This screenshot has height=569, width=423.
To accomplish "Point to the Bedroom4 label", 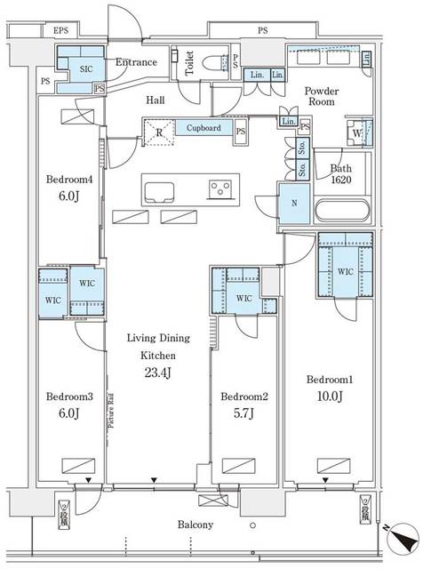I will click(x=65, y=178).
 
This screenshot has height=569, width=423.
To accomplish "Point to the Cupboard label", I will click(x=204, y=129).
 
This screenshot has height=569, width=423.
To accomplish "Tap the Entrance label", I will click(x=136, y=62).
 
